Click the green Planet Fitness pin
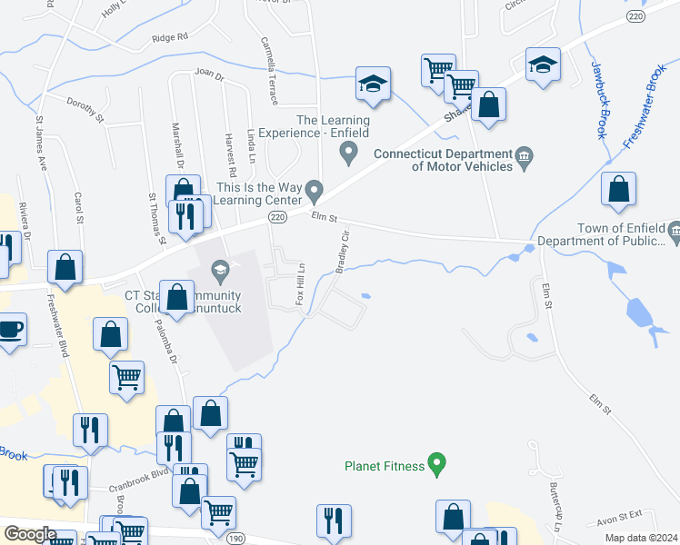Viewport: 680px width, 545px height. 436,466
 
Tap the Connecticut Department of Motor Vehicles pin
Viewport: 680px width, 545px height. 525,160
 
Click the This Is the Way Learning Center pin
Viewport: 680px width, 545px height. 315,192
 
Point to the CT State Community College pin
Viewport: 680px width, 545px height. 219,270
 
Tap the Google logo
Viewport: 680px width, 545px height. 30,534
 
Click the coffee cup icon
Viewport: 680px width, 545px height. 10,329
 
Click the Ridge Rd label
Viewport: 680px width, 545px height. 169,37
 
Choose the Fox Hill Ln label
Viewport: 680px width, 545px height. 300,283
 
